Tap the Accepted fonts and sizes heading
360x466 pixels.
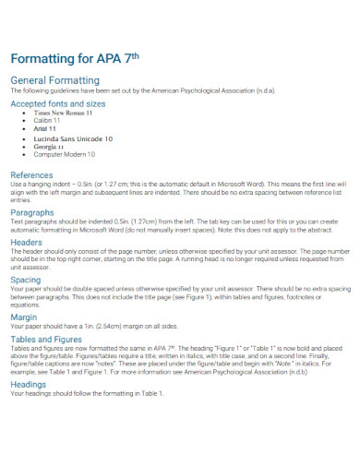pyautogui.click(x=58, y=104)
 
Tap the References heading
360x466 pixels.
pyautogui.click(x=31, y=174)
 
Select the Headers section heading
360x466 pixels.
pyautogui.click(x=28, y=243)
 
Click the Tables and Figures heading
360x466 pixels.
pyautogui.click(x=47, y=339)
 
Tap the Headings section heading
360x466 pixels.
pyautogui.click(x=29, y=384)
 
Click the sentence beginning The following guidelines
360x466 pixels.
pyautogui.click(x=138, y=90)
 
